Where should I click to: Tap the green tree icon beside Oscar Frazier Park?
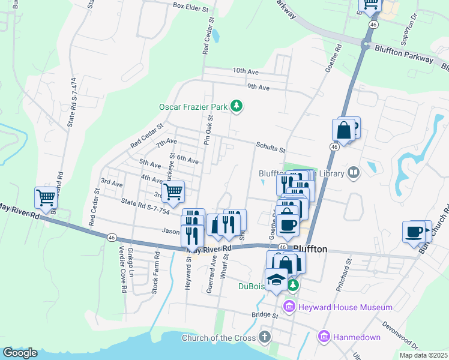coord(237,107)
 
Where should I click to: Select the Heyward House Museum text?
coord(346,307)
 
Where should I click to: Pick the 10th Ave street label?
coord(246,71)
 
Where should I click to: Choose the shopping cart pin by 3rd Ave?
coord(172,192)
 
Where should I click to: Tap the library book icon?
coord(354,173)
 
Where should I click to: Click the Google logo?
coord(20,353)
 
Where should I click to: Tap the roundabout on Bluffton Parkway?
coord(366,44)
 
